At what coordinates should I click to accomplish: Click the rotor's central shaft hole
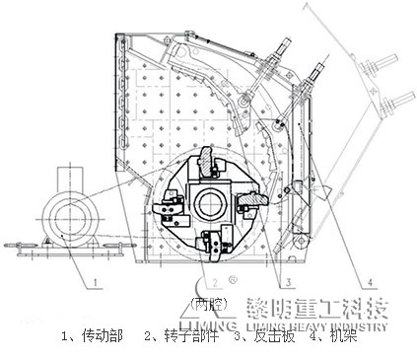click(x=210, y=204)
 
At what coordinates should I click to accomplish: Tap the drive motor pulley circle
click(x=63, y=213)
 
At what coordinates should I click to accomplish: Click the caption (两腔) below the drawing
click(x=205, y=302)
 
